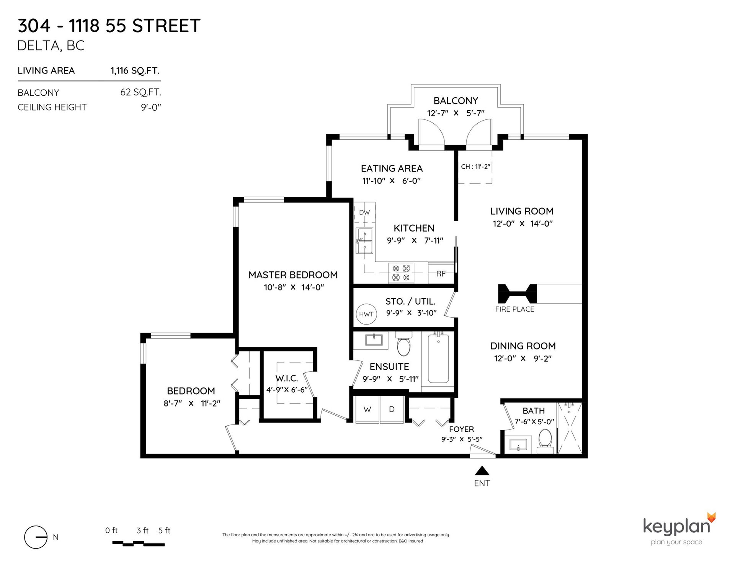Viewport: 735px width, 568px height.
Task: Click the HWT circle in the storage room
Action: coord(366,314)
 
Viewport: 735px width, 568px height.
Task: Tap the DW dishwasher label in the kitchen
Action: coord(364,212)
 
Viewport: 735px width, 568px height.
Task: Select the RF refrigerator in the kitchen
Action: coord(441,273)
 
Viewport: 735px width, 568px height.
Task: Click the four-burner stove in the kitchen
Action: coord(401,273)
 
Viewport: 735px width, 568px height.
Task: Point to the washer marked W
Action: coord(367,410)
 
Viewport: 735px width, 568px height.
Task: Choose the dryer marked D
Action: coord(392,410)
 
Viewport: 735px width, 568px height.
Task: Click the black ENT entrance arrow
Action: coord(482,470)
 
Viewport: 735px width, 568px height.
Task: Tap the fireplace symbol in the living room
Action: coord(517,294)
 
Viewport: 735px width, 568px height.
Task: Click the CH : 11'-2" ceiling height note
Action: coord(475,167)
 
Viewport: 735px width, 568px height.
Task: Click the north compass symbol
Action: coord(36,537)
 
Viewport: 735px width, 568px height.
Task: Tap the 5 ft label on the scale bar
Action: coord(164,530)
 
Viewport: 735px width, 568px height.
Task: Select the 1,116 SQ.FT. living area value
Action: coord(135,71)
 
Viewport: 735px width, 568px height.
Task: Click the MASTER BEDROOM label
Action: coord(293,275)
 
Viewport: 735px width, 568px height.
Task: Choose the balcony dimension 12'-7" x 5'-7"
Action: coord(456,113)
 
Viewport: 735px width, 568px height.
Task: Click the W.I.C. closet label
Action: coord(287,379)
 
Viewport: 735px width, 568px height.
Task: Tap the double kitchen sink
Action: coord(364,241)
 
